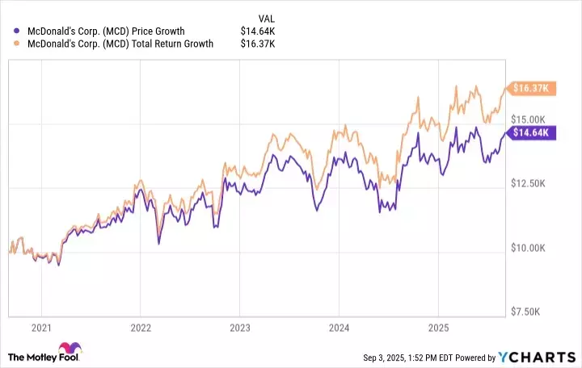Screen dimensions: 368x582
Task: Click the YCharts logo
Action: coord(536,357)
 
